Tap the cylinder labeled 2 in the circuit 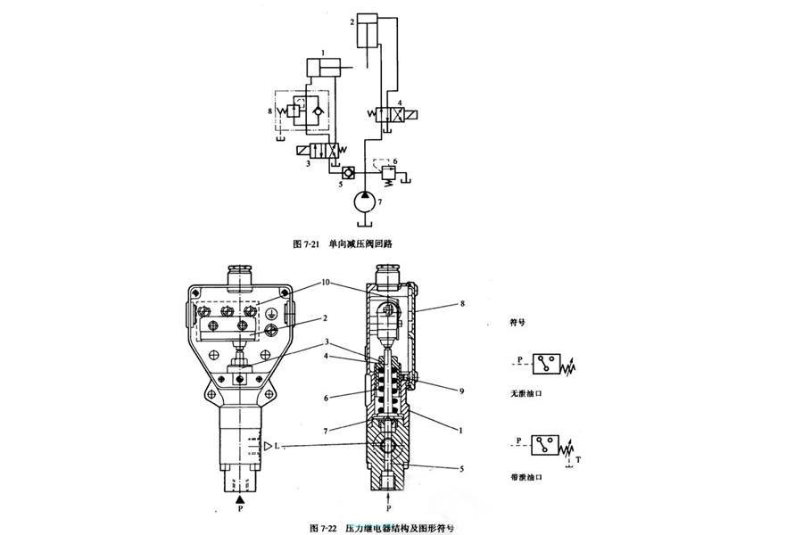pyautogui.click(x=369, y=37)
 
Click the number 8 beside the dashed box pyautogui.click(x=269, y=111)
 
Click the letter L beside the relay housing pyautogui.click(x=278, y=444)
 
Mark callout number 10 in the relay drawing pyautogui.click(x=327, y=283)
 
